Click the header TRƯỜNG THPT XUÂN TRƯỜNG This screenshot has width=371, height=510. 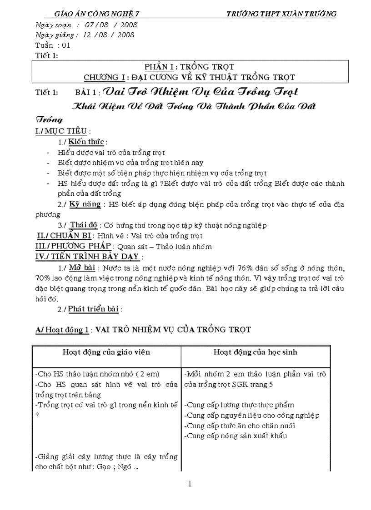pos(281,14)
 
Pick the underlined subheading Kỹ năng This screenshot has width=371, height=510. pos(85,204)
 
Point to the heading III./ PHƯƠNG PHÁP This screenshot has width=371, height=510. pos(74,246)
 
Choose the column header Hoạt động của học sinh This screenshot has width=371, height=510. pos(256,352)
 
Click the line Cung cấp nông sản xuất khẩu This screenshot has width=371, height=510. pos(236,436)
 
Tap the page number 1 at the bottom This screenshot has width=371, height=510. pos(190,484)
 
